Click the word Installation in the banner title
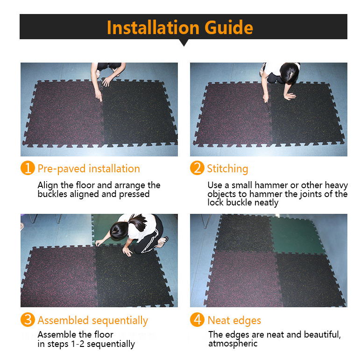pyautogui.click(x=153, y=28)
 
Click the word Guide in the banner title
pyautogui.click(x=229, y=28)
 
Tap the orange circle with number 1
pyautogui.click(x=28, y=168)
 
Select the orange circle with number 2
pyautogui.click(x=197, y=168)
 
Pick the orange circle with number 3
pyautogui.click(x=28, y=319)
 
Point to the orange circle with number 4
pyautogui.click(x=197, y=319)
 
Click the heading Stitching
pyautogui.click(x=227, y=169)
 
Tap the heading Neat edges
pyautogui.click(x=234, y=321)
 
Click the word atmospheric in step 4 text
pyautogui.click(x=233, y=344)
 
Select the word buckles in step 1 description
pyautogui.click(x=52, y=194)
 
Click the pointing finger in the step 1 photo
pyautogui.click(x=99, y=97)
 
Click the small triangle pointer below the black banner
pyautogui.click(x=184, y=42)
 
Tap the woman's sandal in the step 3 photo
pyautogui.click(x=163, y=242)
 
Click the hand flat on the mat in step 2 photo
pyautogui.click(x=290, y=96)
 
